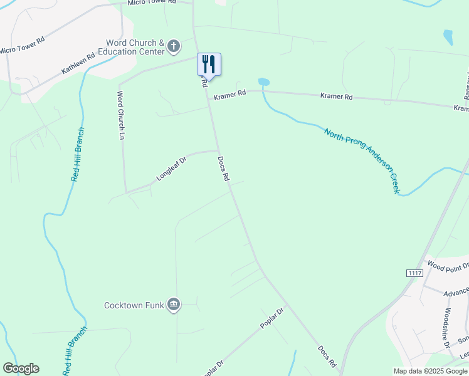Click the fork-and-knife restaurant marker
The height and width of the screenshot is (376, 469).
209,65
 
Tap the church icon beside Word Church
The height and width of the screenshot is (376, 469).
174,46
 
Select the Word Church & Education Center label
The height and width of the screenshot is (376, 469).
134,47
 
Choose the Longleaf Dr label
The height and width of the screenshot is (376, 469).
171,168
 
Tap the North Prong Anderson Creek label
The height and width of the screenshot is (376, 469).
362,160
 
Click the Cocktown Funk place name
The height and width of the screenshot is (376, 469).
134,306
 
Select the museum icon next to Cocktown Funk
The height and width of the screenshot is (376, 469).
174,305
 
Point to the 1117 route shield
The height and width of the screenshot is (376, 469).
414,273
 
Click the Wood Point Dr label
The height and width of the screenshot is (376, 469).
448,268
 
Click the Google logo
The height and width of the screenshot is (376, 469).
21,368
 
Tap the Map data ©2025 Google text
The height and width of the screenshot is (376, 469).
430,371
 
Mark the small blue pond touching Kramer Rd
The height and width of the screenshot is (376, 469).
263,82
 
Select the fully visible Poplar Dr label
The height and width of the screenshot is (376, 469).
273,318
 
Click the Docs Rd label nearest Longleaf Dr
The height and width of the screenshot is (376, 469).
223,169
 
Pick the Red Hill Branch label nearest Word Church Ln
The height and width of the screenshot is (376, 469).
77,154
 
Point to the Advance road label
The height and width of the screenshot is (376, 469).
456,293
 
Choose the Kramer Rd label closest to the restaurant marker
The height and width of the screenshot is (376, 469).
228,97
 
